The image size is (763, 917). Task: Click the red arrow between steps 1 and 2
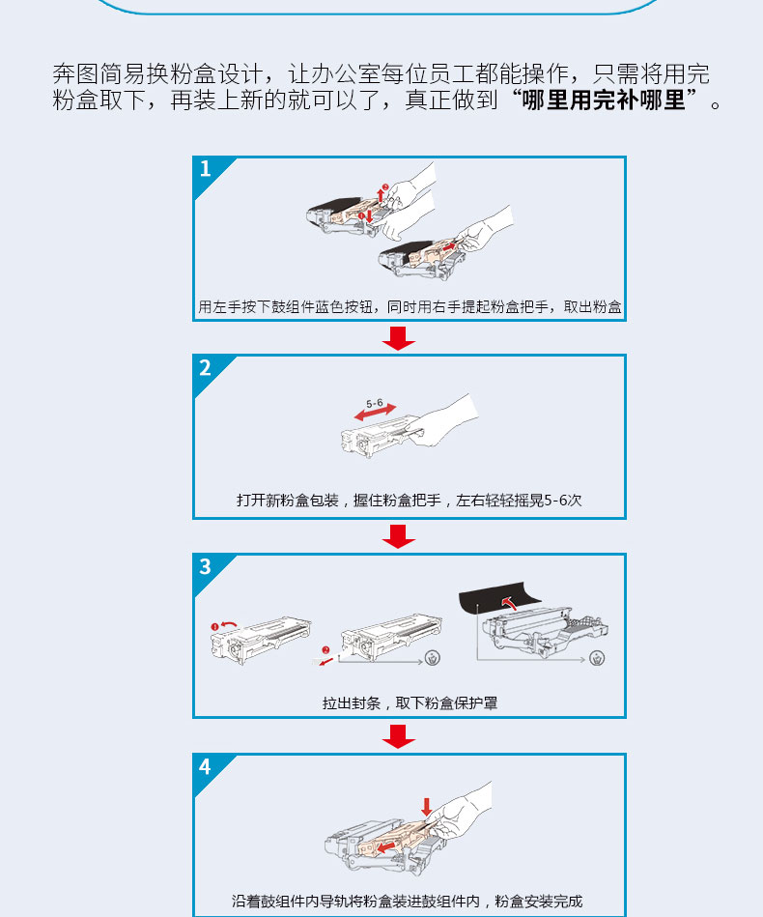[x=399, y=338]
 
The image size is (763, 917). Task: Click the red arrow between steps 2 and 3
[x=399, y=536]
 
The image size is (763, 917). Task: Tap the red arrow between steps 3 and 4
[x=399, y=736]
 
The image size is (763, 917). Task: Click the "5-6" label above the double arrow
[x=375, y=404]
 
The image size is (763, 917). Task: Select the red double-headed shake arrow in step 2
[x=376, y=413]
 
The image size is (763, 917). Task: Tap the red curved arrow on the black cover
[x=510, y=602]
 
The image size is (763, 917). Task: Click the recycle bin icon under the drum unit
[x=597, y=658]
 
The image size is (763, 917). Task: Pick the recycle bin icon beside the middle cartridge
[x=432, y=658]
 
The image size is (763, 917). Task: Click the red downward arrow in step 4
[x=426, y=807]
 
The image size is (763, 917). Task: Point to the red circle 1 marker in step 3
[x=214, y=627]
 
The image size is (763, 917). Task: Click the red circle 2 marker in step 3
[x=325, y=649]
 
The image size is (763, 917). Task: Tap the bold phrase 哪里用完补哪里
[x=604, y=100]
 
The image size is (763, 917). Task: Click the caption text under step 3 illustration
[x=410, y=702]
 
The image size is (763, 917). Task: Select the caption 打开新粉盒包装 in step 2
[x=288, y=501]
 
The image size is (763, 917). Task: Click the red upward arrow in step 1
[x=381, y=194]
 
